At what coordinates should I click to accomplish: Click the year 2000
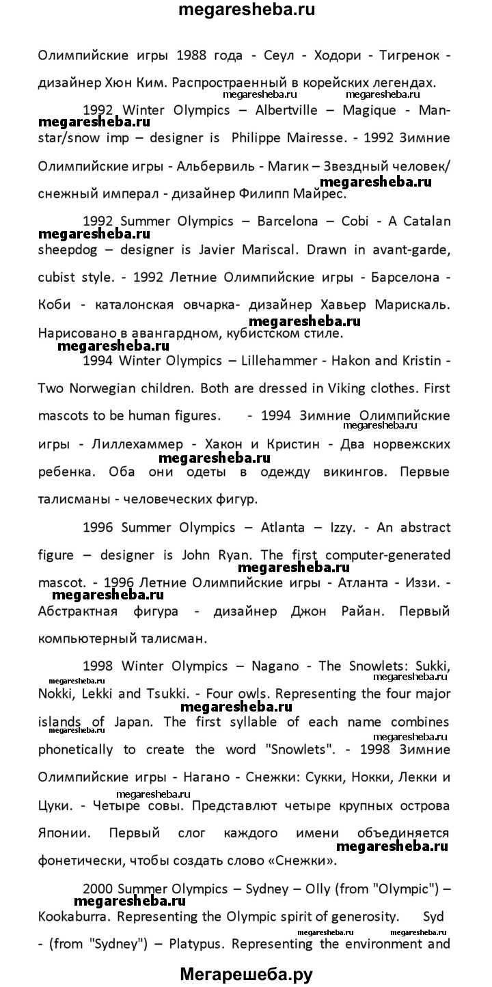[x=98, y=889]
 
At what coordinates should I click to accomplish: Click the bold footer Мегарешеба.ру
[x=246, y=975]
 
